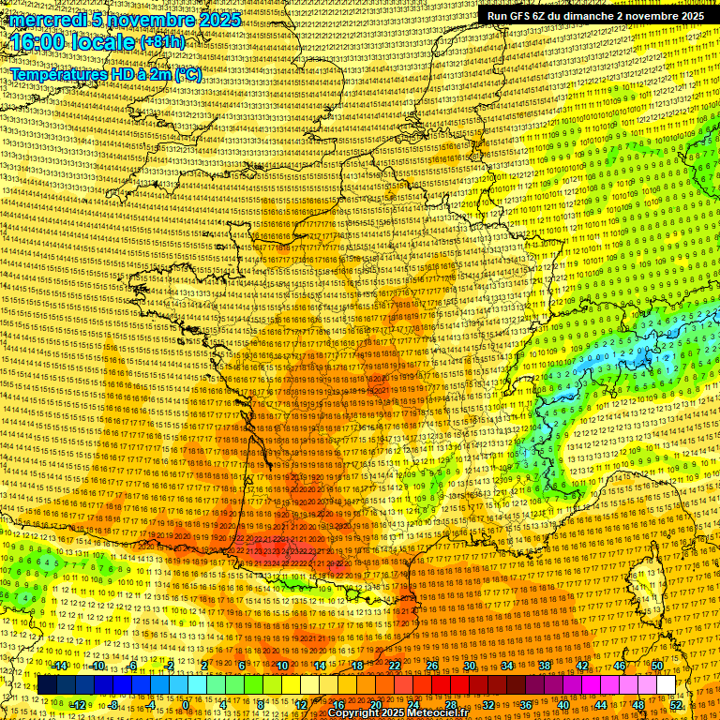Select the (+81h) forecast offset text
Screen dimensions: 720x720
click(161, 42)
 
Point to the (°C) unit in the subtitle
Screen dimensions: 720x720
click(187, 74)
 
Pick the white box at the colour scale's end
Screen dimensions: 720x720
click(666, 685)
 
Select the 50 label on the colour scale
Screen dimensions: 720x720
click(657, 666)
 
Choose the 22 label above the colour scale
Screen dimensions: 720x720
click(395, 666)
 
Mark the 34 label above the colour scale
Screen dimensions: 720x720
click(507, 666)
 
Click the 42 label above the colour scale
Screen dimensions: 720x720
click(582, 666)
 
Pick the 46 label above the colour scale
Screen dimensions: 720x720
click(620, 666)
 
